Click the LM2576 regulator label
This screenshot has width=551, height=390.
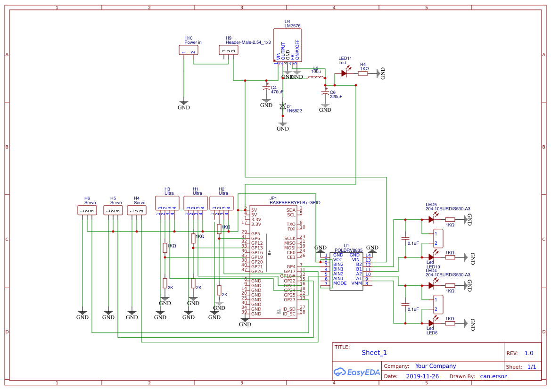point(292,26)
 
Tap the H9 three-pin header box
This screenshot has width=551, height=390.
point(229,50)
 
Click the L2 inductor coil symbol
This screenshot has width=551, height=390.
point(316,77)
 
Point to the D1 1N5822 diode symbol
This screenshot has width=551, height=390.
point(283,107)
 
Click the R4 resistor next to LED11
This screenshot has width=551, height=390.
point(364,73)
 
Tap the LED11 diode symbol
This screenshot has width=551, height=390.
point(345,73)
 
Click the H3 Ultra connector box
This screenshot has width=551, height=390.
point(167,203)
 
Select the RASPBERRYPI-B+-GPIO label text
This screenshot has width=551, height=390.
point(295,202)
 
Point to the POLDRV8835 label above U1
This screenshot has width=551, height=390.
point(348,250)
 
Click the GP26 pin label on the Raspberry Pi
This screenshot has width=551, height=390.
point(257,271)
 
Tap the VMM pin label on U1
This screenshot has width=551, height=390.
point(356,283)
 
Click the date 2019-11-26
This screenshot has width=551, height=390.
point(422,377)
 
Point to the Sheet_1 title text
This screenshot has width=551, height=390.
point(374,353)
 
